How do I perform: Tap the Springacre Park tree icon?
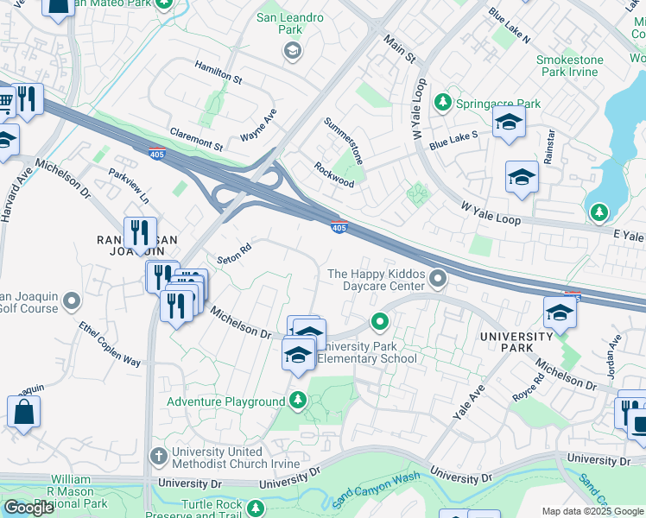point(443,104)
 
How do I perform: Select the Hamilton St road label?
point(218,72)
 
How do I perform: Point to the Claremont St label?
point(196,138)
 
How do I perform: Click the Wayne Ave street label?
point(258,125)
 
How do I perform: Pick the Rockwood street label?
point(334,175)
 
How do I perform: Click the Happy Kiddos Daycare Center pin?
point(439,278)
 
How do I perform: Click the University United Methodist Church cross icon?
point(158,455)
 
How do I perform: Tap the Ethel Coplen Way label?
point(110,344)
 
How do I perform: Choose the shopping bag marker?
point(23,413)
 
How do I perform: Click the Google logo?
point(28,508)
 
